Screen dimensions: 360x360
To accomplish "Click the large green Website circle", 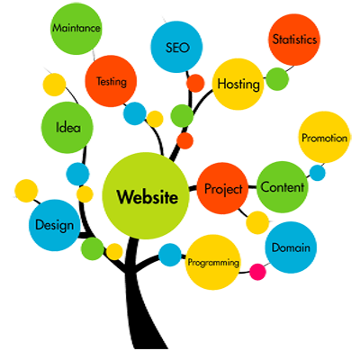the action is (146, 196).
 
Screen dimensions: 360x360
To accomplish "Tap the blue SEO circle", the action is (176, 47).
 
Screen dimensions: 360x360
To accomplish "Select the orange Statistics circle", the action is (294, 40).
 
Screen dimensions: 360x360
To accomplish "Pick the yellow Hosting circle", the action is (238, 84).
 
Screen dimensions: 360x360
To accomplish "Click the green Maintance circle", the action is (76, 29).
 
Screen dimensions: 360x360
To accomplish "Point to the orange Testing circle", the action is (111, 81).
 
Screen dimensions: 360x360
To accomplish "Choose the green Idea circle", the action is (67, 127).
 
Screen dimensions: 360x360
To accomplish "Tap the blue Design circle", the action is (55, 225).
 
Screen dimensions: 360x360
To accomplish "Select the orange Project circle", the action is (222, 188).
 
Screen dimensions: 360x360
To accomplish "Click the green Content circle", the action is (283, 187).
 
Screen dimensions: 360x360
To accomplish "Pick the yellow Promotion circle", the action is (324, 138).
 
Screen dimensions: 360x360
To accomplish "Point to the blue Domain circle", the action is (291, 247).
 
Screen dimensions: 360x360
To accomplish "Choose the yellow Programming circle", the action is (213, 262).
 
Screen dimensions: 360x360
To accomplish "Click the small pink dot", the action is (258, 272).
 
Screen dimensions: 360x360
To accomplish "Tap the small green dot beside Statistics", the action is (277, 79).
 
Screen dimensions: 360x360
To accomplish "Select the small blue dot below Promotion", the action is (318, 173).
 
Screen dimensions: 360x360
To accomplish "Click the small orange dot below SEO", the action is (195, 83).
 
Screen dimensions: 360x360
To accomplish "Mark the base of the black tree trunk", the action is (150, 348).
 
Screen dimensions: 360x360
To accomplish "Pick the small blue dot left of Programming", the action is (170, 255).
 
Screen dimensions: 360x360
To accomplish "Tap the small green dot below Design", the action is (93, 248).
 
